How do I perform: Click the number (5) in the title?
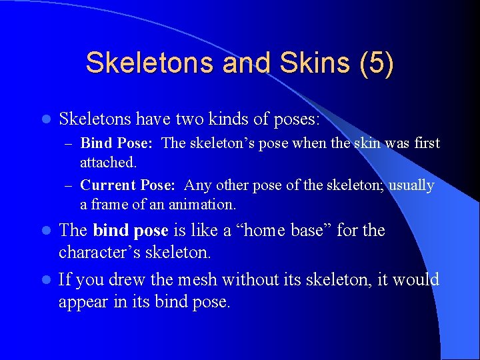(x=376, y=63)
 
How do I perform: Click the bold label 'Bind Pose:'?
(x=118, y=143)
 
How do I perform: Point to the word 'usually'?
(x=409, y=185)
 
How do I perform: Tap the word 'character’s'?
(x=101, y=253)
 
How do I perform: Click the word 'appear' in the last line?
(x=83, y=302)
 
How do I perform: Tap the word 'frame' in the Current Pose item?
(x=111, y=203)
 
